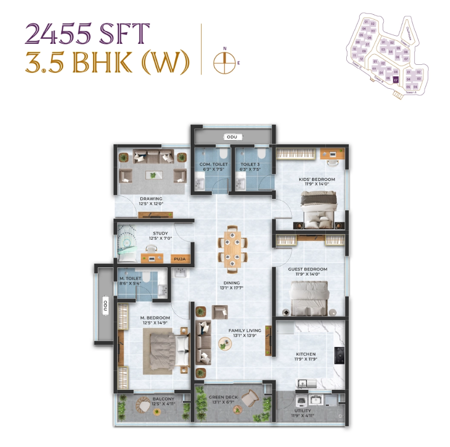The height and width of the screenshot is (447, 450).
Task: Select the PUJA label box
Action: [x=179, y=259]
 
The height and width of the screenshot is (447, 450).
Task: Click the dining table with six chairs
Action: [x=232, y=249]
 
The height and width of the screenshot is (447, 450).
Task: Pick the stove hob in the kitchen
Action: [x=339, y=355]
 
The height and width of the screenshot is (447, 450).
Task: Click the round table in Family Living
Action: [x=225, y=344]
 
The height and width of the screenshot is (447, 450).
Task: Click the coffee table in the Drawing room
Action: [x=153, y=175]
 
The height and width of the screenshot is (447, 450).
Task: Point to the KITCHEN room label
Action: [x=306, y=354]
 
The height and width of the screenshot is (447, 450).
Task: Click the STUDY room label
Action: [x=160, y=234]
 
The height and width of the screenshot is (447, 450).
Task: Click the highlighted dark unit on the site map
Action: [x=395, y=79]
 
